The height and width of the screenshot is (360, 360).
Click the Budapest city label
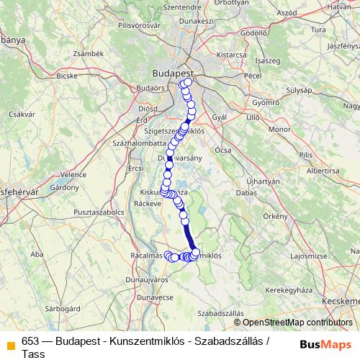pos(173,73)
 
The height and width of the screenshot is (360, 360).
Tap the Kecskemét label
pos(341,300)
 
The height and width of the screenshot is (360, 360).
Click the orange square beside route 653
pos(10,343)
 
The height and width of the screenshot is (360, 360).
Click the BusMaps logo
pos(325,343)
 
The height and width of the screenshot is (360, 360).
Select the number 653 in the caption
pos(31,341)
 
